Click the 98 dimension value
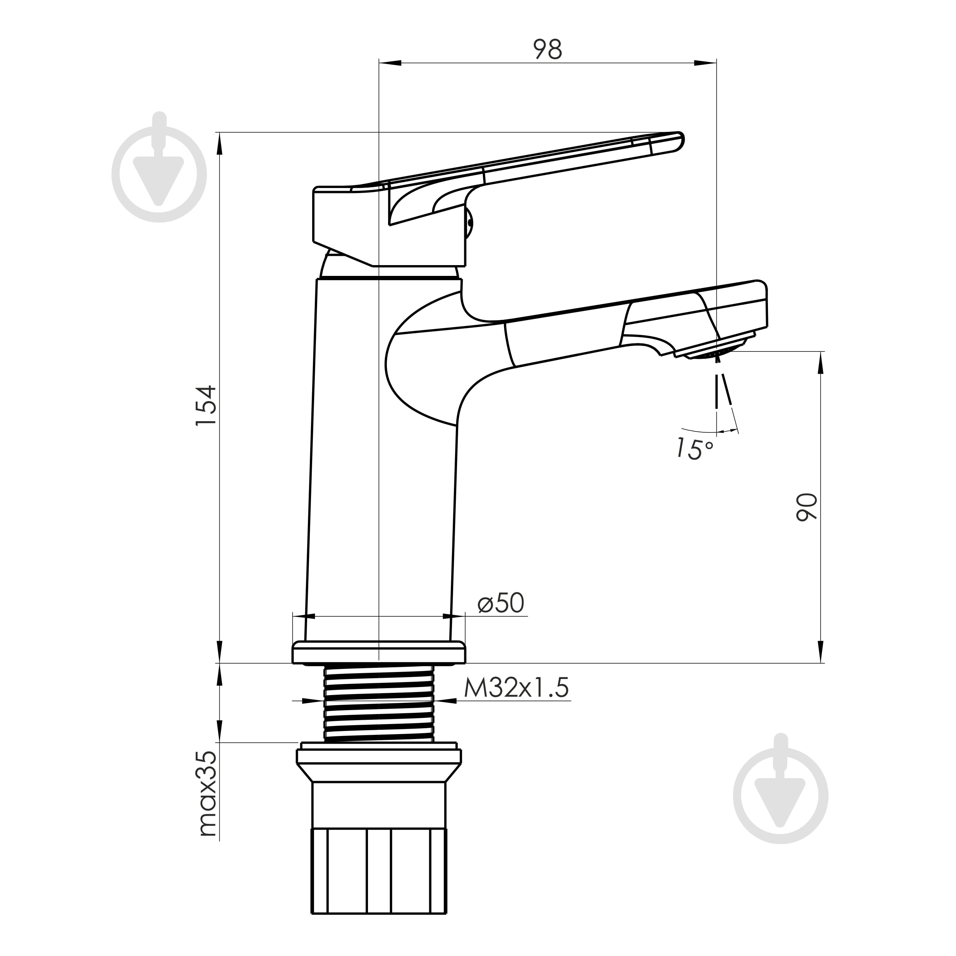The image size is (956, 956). click(548, 49)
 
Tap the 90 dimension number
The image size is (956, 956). click(806, 507)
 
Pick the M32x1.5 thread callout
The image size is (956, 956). click(516, 688)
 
